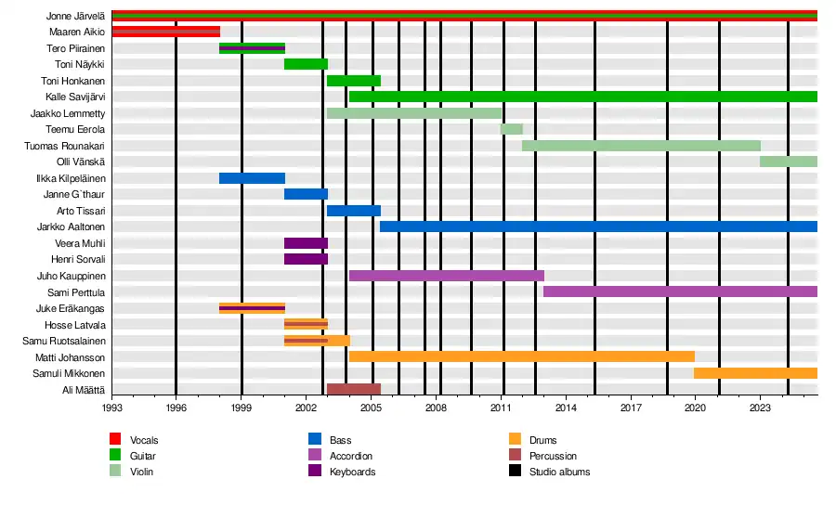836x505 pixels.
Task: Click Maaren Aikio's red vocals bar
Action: [x=165, y=32]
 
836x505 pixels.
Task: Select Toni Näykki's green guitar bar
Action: [x=306, y=64]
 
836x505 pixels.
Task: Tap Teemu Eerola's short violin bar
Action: [x=512, y=129]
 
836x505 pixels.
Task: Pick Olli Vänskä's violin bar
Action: [x=788, y=162]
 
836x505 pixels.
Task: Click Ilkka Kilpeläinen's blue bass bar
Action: [x=252, y=178]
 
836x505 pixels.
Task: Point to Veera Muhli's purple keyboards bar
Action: [x=306, y=243]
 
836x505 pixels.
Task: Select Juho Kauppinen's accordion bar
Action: [x=446, y=276]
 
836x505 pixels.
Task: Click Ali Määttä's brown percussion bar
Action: [x=354, y=389]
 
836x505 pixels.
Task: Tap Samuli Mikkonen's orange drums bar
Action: [x=755, y=373]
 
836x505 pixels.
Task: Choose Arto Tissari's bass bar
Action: [x=354, y=211]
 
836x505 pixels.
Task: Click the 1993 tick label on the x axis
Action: [x=111, y=407]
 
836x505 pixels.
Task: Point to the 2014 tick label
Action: [x=566, y=407]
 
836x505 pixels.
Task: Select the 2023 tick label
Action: [x=761, y=407]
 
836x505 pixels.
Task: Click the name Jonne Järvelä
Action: [x=75, y=16]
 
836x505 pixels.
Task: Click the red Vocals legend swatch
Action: [x=116, y=439]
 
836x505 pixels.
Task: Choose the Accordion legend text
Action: [x=351, y=456]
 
